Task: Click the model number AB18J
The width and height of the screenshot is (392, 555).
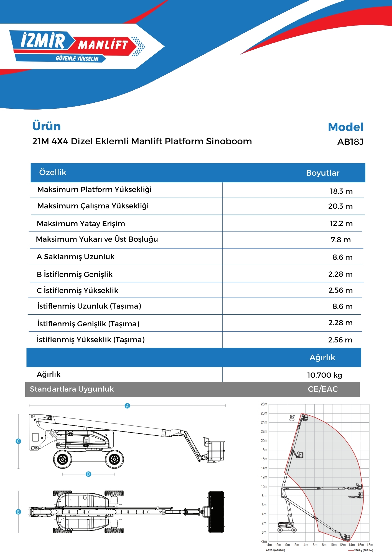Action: click(350, 142)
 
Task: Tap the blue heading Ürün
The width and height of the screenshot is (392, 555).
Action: click(46, 126)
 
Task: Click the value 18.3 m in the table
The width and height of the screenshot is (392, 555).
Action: click(341, 191)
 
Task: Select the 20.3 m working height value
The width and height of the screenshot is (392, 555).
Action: click(340, 206)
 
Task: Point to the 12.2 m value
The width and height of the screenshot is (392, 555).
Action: click(341, 223)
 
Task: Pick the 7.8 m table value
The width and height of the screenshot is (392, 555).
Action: click(341, 240)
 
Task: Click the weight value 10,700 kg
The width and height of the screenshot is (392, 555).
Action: click(324, 375)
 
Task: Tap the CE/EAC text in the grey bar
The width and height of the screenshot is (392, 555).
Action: click(323, 389)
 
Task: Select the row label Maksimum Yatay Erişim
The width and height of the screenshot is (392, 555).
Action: click(81, 224)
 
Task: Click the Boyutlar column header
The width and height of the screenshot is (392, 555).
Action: click(323, 173)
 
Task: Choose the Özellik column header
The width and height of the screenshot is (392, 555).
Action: click(53, 172)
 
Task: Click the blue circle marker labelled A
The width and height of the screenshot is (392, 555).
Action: click(127, 406)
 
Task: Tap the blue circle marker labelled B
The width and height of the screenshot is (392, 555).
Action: click(18, 512)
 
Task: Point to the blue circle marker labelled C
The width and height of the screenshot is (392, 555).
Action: click(18, 441)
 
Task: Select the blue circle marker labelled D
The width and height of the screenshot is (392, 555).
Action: click(88, 474)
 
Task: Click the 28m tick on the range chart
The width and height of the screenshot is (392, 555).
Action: click(264, 404)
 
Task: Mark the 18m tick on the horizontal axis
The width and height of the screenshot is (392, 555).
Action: click(370, 545)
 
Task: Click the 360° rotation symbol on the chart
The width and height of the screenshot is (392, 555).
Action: click(292, 418)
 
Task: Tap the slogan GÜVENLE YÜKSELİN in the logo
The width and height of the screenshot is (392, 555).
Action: click(77, 59)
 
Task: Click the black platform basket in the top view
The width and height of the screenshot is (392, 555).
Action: click(216, 512)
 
